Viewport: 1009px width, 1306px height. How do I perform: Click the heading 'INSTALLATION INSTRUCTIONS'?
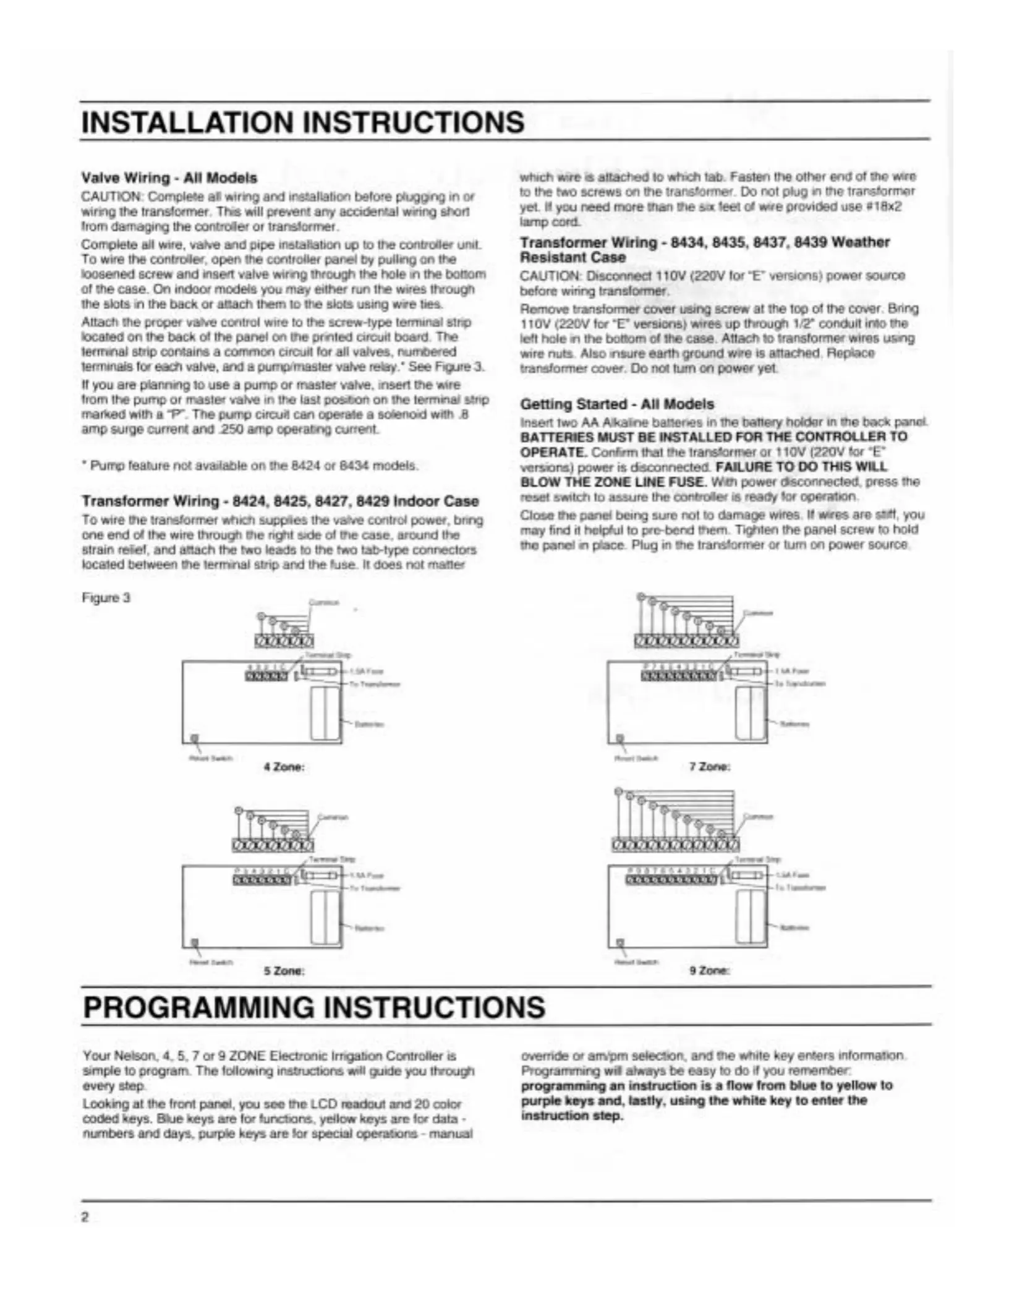click(303, 122)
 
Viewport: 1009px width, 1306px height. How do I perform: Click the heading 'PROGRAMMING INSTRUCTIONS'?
click(313, 1007)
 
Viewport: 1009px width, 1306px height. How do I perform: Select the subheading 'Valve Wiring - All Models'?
click(169, 178)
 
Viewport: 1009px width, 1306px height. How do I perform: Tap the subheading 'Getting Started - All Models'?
click(617, 404)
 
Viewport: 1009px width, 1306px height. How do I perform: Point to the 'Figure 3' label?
click(106, 598)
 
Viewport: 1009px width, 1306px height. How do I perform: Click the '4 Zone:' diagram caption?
click(284, 767)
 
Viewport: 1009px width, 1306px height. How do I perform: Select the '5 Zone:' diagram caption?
click(284, 971)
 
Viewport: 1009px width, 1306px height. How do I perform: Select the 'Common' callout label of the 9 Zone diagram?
click(760, 816)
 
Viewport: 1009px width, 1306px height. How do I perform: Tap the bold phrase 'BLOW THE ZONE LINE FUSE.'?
click(612, 481)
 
